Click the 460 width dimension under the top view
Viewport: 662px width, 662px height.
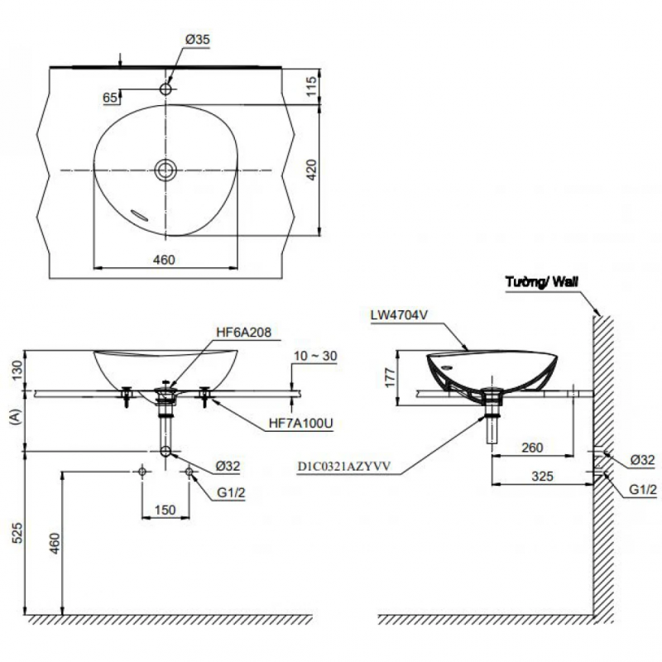click(164, 260)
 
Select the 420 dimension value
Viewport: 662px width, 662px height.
click(312, 170)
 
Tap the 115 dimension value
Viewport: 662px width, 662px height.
click(312, 86)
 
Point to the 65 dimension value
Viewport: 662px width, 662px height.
click(109, 98)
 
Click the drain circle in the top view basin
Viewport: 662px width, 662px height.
click(165, 170)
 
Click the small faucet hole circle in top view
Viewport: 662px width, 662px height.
click(165, 88)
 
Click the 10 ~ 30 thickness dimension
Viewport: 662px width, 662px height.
click(315, 357)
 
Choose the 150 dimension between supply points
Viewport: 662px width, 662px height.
click(165, 511)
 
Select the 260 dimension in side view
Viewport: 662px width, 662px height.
click(532, 448)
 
